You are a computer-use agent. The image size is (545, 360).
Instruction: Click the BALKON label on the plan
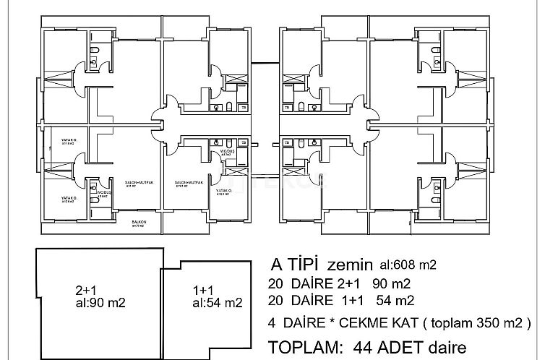[140, 223]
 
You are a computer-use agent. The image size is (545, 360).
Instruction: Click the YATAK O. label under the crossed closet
[223, 192]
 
